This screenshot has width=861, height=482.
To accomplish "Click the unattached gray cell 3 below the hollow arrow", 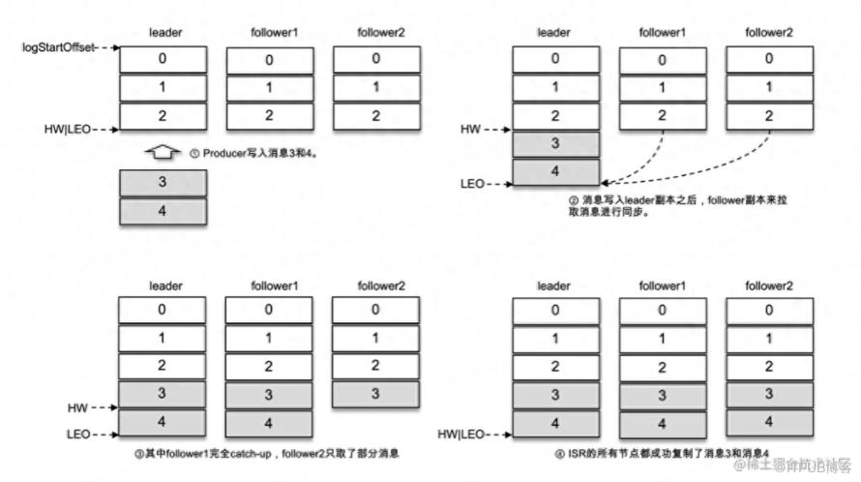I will (163, 183).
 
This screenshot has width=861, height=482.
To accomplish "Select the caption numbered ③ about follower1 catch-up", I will (268, 452).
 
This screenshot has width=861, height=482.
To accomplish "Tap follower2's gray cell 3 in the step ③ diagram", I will (375, 394).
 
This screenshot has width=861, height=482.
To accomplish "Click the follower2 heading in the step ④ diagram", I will (769, 285).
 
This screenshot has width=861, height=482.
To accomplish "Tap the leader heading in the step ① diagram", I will (165, 33).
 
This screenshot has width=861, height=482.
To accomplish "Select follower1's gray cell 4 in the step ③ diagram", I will (268, 424).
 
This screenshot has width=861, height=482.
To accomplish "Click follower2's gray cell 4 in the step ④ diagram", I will (769, 422).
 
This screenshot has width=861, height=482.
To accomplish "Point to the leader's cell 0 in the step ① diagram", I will (163, 59).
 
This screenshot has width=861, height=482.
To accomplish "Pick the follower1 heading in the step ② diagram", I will (662, 33).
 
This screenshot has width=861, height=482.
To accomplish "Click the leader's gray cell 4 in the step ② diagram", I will (555, 170).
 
